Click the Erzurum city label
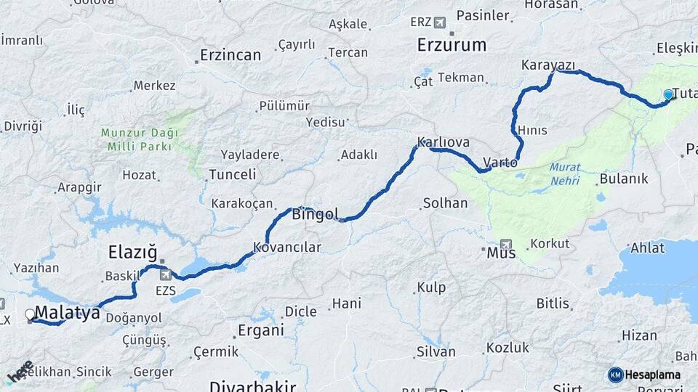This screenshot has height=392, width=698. point(452,45)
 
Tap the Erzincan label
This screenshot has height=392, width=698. point(230,55)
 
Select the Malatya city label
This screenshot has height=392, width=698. point(67,314)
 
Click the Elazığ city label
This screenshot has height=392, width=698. point(132,253)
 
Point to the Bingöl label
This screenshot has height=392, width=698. point(315,214)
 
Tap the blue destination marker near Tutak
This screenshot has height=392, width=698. point(668,94)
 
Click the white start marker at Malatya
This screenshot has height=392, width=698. point(30,314)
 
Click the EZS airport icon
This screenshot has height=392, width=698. point(166,274)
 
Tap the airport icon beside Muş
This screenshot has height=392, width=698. point(506,245)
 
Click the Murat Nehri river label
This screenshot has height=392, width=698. point(565,173)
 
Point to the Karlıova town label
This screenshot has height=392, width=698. point(443,142)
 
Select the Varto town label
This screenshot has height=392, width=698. point(500,162)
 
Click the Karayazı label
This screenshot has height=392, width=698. point(548,65)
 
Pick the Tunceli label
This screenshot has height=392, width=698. point(232,175)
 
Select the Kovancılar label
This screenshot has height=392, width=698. point(287,248)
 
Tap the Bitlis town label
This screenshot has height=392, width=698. point(553,303)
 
